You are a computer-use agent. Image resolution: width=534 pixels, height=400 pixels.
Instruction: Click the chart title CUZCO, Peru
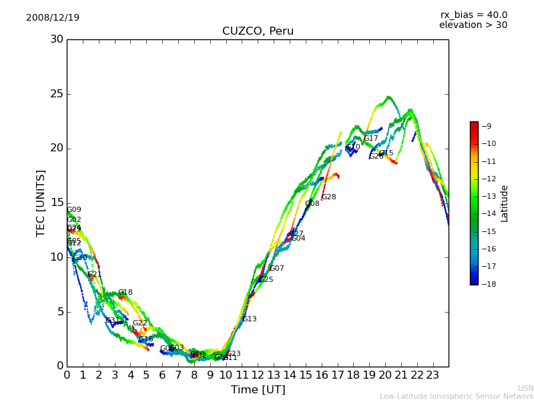(258, 31)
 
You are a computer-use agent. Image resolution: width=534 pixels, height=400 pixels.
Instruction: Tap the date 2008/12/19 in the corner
(53, 17)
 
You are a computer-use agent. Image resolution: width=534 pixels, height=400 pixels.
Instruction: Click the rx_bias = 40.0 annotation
(473, 15)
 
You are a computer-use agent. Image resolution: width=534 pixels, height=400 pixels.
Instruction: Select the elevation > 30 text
(473, 25)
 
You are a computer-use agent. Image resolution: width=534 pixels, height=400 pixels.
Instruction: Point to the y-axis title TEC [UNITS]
(41, 203)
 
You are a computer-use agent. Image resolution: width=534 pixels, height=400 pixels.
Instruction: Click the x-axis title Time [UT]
(258, 389)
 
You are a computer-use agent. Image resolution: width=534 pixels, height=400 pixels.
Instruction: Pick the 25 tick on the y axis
(57, 94)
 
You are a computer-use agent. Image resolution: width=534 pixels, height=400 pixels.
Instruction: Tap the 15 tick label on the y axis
(57, 203)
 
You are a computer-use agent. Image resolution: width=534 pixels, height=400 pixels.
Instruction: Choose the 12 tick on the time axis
(258, 375)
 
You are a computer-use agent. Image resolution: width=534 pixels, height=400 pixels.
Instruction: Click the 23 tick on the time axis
(433, 375)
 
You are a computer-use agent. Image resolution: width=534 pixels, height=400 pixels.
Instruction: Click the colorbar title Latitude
(505, 203)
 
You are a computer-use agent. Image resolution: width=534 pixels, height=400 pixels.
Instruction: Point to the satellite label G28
(328, 197)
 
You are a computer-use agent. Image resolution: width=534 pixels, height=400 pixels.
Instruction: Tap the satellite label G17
(370, 139)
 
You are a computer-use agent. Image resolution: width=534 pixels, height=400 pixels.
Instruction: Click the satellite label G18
(125, 293)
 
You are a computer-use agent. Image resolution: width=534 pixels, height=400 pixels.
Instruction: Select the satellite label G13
(249, 319)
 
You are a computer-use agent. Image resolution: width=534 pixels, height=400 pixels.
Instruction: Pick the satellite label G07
(276, 269)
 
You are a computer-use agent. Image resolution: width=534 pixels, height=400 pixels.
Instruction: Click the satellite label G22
(140, 323)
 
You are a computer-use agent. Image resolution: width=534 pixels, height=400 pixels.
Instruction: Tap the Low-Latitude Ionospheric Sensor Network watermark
(457, 397)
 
